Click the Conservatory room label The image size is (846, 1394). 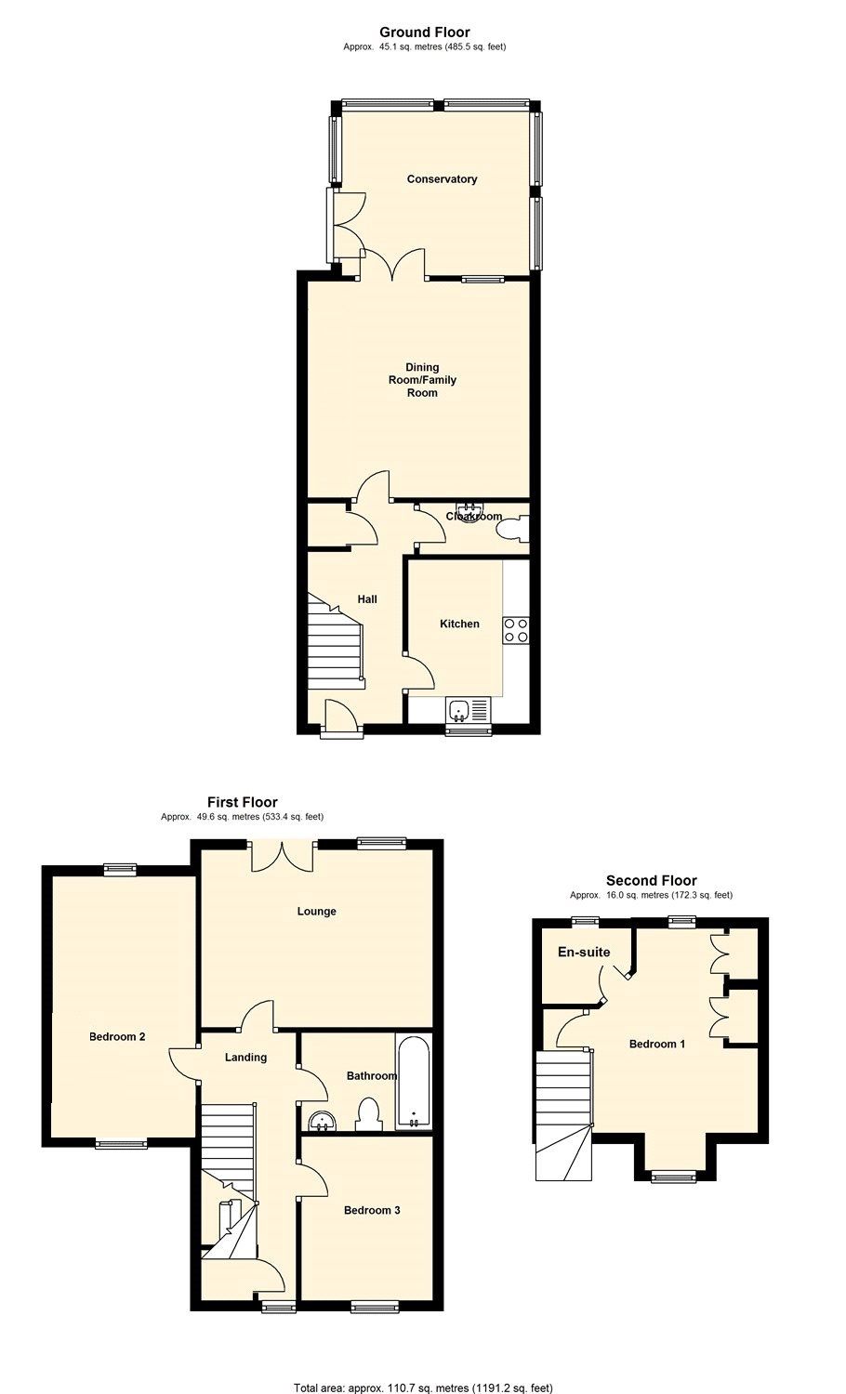(442, 178)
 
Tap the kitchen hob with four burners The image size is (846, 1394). (515, 630)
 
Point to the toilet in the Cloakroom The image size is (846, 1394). (512, 530)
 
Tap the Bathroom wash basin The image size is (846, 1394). (322, 1122)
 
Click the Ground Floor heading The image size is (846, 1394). (423, 33)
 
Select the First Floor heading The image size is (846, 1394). (242, 802)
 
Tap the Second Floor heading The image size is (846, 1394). (651, 880)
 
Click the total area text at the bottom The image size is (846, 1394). (423, 1387)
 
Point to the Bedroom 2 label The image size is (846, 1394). (117, 1036)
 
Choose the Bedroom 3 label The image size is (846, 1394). (372, 1210)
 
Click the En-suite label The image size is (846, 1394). (584, 952)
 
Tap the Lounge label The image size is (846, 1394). (316, 911)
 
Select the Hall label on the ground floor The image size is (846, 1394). (367, 599)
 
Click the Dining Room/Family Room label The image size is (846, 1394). (422, 379)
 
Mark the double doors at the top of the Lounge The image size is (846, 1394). (282, 855)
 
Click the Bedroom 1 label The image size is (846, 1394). (657, 1044)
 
